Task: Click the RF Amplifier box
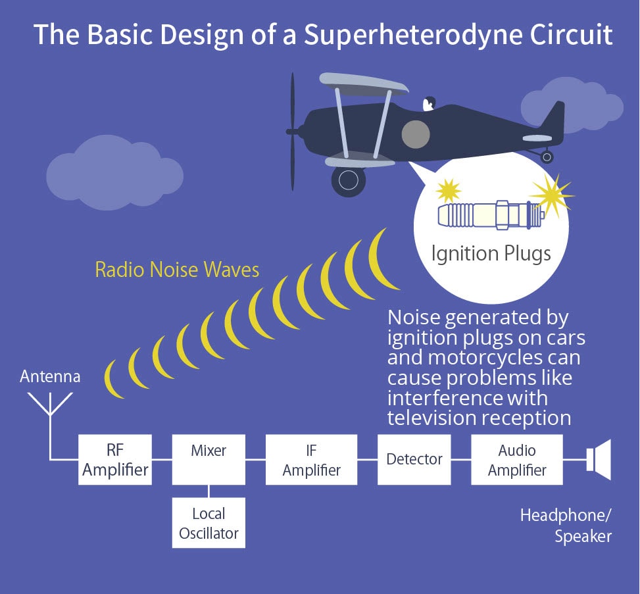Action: pyautogui.click(x=115, y=460)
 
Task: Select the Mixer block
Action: pyautogui.click(x=209, y=460)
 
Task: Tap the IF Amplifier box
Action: pyautogui.click(x=311, y=460)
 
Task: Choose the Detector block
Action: pyautogui.click(x=414, y=460)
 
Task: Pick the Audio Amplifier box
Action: pyautogui.click(x=517, y=460)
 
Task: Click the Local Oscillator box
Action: pyautogui.click(x=209, y=522)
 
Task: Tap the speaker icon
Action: pyautogui.click(x=599, y=460)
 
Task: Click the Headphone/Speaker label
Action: pyautogui.click(x=566, y=526)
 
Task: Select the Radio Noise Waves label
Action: pyautogui.click(x=177, y=270)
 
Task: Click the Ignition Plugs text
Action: pyautogui.click(x=491, y=253)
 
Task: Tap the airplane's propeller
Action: pyautogui.click(x=292, y=132)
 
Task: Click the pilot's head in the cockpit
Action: pyautogui.click(x=429, y=104)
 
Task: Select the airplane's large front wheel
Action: pyautogui.click(x=349, y=180)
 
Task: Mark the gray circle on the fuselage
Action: pyautogui.click(x=416, y=134)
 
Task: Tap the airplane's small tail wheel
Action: pyautogui.click(x=547, y=157)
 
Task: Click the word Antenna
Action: pyautogui.click(x=50, y=376)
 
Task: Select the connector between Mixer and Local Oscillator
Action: pyautogui.click(x=209, y=491)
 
